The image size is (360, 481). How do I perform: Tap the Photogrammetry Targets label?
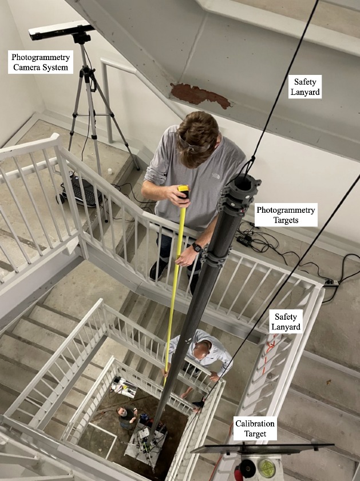coord(286,216)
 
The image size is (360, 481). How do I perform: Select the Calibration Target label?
coord(255,428)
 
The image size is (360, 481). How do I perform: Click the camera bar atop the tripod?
coord(61,30)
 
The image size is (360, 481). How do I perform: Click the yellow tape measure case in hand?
coord(183,192)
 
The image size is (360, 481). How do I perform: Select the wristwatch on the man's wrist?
coord(196,248)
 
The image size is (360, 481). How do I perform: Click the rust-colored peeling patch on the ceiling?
coord(200,95)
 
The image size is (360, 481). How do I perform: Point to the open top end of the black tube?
coord(244,184)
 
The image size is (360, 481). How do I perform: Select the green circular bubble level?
coord(267,468)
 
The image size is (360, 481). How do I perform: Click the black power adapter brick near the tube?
coord(246,240)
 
